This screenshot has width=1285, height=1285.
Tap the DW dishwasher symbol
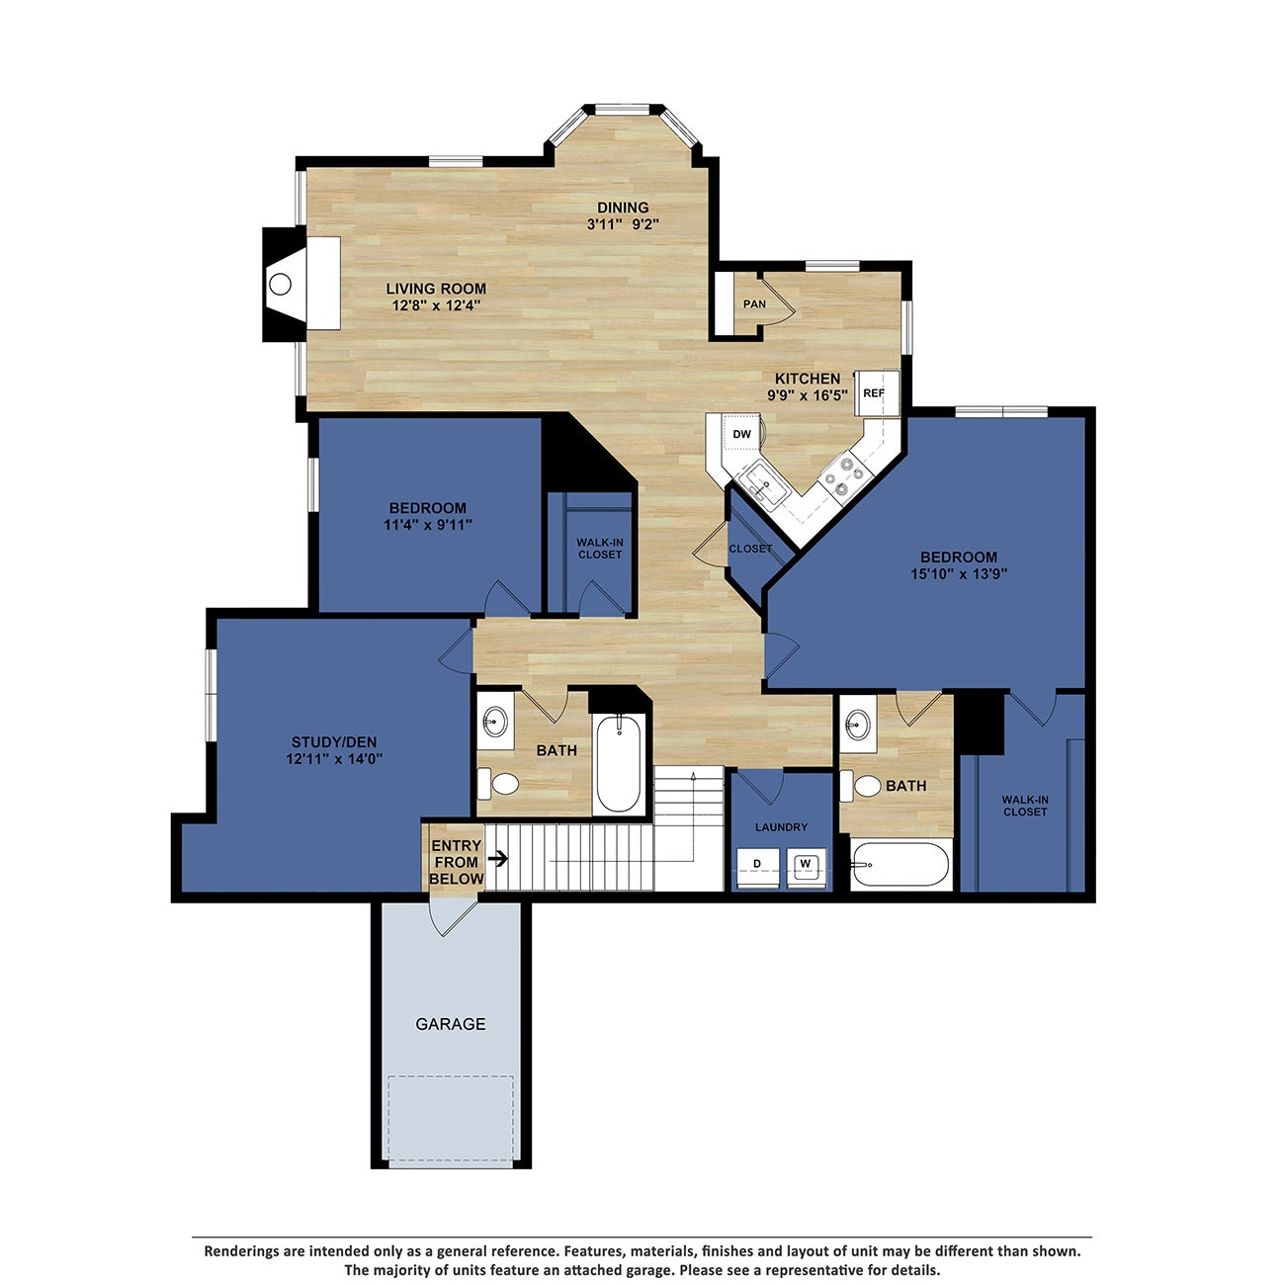tap(741, 434)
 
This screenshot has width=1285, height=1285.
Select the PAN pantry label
tap(754, 303)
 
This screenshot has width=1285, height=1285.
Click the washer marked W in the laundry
tap(806, 865)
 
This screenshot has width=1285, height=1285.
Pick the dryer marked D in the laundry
tap(758, 865)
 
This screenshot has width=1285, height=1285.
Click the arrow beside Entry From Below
tap(499, 858)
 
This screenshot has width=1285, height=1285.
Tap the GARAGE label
tap(450, 1024)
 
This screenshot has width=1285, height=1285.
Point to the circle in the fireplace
tap(281, 285)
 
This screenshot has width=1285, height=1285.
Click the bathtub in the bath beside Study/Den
tap(619, 764)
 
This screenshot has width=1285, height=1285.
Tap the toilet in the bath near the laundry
tap(864, 786)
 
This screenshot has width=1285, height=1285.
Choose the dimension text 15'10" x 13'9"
tap(959, 573)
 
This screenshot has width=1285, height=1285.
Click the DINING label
tap(623, 208)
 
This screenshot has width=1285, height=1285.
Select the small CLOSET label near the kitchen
tap(750, 549)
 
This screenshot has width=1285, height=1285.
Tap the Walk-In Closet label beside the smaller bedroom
tap(600, 548)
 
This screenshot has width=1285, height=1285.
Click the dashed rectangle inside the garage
tap(451, 1120)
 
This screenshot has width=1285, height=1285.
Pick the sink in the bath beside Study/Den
tap(495, 721)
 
